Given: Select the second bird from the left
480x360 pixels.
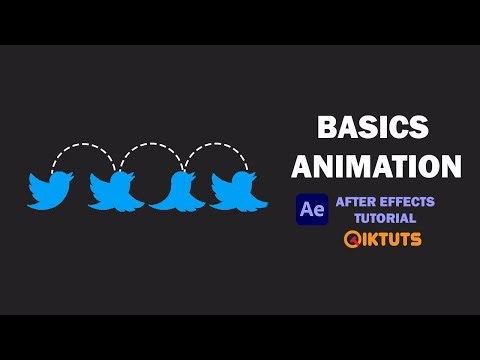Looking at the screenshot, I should coord(113,190).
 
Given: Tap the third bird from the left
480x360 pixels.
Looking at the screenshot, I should coord(177,191).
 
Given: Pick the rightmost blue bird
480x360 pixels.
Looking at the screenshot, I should coord(238,189).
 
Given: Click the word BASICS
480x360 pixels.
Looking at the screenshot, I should coord(372,128).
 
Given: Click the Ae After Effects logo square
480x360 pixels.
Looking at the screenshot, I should coord(312,210).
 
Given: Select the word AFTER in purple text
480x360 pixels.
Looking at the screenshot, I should coord(356,202).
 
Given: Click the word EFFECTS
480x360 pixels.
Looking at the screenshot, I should coord(406,202).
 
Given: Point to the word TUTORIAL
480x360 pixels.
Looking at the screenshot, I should coord(382,218).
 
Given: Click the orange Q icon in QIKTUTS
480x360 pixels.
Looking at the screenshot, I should coord(352,240).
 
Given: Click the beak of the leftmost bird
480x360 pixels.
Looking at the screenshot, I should coord(71,176).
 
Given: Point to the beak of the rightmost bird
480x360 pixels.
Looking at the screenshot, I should coord(258,177).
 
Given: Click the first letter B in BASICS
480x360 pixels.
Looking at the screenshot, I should coord(325,128).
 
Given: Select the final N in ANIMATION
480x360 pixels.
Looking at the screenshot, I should coord(451,164).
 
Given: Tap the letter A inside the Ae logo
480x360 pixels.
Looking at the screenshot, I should coord(307,210).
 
